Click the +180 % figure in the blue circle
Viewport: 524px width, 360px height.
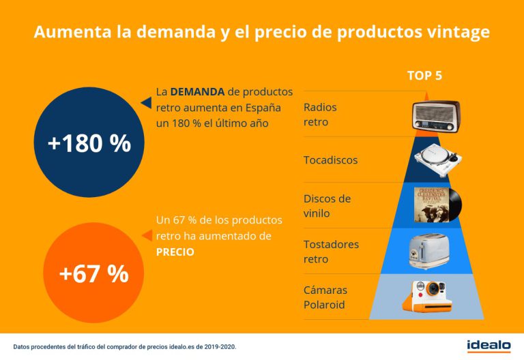[x=89, y=143]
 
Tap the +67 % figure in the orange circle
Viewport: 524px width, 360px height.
[x=93, y=273]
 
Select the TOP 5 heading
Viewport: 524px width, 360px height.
[x=424, y=75]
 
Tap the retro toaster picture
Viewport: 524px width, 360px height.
[x=429, y=251]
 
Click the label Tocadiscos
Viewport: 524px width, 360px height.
[x=330, y=160]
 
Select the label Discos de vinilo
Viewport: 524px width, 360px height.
[x=327, y=206]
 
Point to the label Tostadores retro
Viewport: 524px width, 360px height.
[x=331, y=252]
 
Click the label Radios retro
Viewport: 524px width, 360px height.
[x=320, y=115]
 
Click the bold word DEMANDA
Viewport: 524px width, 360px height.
[x=198, y=91]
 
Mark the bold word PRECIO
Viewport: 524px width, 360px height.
[x=175, y=252]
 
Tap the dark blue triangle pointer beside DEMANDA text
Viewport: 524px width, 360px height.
[x=145, y=103]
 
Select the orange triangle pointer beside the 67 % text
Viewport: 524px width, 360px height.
[x=145, y=235]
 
